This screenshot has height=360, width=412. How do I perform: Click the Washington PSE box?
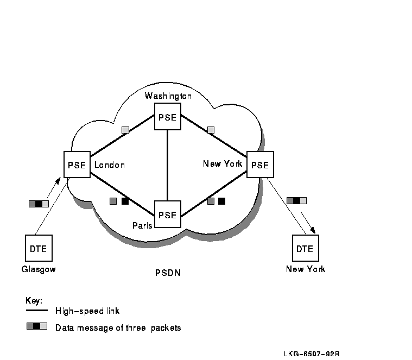coord(168,117)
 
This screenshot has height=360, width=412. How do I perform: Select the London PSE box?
coord(77,165)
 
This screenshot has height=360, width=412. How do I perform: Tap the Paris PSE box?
coord(168,214)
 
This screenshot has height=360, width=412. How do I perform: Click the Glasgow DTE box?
coord(39,248)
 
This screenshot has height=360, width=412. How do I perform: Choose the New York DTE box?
coord(305,248)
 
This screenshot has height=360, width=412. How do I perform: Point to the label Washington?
coord(168,96)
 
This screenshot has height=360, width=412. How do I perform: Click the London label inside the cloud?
coord(110,165)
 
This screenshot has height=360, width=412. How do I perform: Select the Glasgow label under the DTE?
coord(39,269)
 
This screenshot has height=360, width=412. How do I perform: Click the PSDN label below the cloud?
coord(168,273)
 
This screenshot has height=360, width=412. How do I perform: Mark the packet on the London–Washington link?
coord(125,130)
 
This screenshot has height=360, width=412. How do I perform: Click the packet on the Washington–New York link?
coord(211,130)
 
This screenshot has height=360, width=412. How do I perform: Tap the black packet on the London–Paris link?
coord(125,201)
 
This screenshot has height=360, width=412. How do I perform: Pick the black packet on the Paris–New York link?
coord(221,201)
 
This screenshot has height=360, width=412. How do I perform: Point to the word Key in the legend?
coord(34,300)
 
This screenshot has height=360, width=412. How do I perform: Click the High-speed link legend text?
coord(87,311)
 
